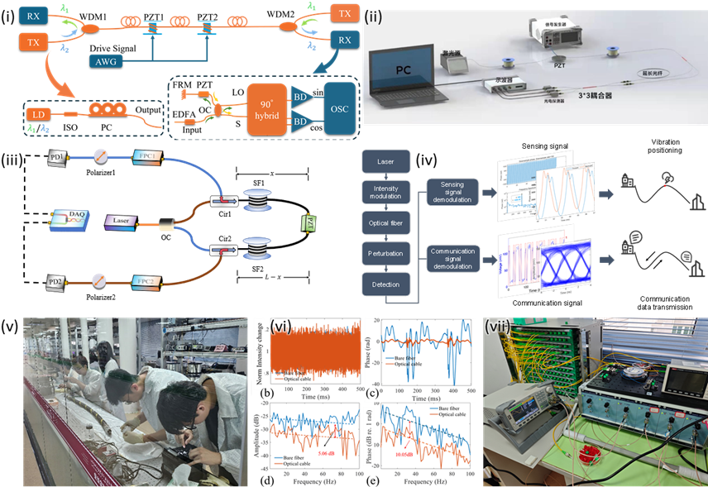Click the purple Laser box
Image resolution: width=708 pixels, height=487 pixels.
tap(122, 222)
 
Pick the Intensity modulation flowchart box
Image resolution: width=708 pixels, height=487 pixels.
tap(385, 192)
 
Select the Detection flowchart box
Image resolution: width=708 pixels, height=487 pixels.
tap(385, 284)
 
